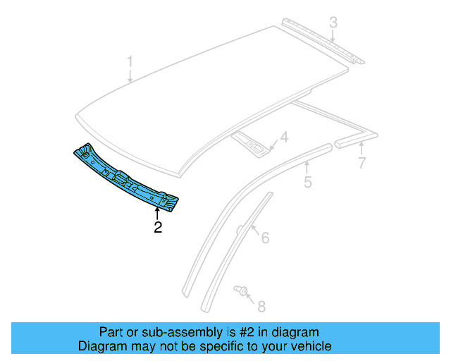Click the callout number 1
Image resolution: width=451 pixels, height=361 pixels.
pos(130,63)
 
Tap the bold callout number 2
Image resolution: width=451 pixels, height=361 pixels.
pos(158,227)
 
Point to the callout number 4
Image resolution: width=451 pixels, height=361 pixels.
pos(285,137)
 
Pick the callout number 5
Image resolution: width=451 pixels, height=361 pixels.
pos(307,183)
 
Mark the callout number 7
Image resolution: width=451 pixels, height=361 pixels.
pos(362,164)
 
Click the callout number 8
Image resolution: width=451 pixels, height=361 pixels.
pos(261,306)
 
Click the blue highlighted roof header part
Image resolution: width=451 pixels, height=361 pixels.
pos(127,178)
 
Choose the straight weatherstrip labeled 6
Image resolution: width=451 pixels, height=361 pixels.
pos(236,250)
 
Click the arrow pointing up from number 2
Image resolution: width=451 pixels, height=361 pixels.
pos(158,213)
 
